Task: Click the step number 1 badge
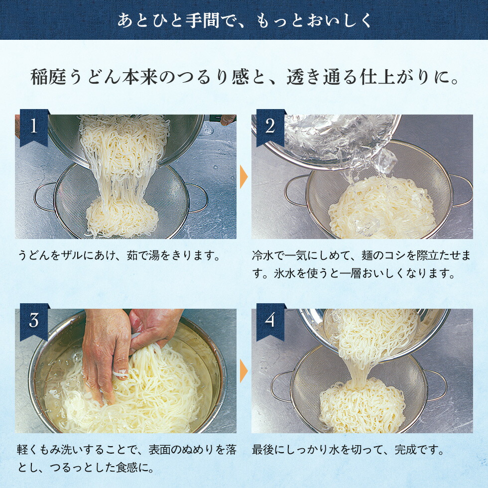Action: pyautogui.click(x=33, y=126)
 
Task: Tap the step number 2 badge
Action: pyautogui.click(x=270, y=126)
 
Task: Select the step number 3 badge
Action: pyautogui.click(x=33, y=321)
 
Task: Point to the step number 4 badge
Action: pyautogui.click(x=270, y=321)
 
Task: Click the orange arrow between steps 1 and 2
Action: pyautogui.click(x=244, y=177)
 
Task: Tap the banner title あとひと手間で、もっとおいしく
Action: pyautogui.click(x=244, y=20)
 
